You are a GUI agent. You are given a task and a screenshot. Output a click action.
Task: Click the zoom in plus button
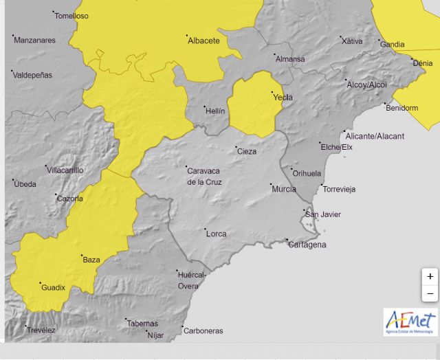coord(430,276)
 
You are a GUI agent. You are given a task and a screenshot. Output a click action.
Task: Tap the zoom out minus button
coord(430,293)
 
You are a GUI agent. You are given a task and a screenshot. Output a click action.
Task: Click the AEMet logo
coord(410,322)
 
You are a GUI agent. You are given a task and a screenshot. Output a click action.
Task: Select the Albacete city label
coord(203,41)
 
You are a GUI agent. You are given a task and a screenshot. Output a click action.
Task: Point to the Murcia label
coord(284,189)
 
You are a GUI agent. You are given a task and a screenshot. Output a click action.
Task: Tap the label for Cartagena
coord(307,245)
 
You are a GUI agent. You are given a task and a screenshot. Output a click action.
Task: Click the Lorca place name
coord(216,234)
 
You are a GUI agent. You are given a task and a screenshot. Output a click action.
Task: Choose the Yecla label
coord(283,97)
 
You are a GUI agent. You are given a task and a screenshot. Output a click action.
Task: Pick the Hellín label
coord(216,111)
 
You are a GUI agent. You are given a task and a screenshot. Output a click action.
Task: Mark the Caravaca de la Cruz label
coord(204,177)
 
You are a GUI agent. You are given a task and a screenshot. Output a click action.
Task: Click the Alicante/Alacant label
coord(377,136)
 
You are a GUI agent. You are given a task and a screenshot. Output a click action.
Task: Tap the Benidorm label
coord(402,108)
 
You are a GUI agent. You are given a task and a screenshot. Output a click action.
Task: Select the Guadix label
coord(54,287)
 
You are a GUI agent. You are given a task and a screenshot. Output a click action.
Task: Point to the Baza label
coord(91,260)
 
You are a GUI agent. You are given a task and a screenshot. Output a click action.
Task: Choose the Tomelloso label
coord(71,15)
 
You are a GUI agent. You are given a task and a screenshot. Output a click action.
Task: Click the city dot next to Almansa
coord(274,54)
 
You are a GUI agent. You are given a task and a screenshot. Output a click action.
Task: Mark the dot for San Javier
coord(304,211)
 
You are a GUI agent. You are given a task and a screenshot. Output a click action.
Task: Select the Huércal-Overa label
coord(192,280)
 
